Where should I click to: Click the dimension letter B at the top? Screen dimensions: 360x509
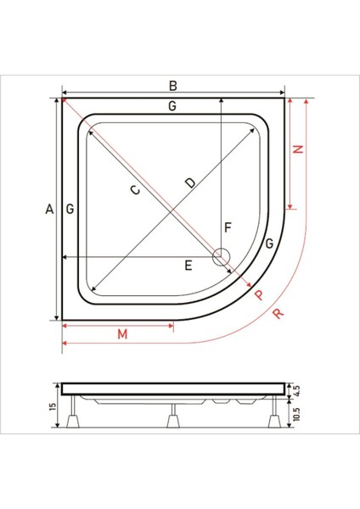(173, 86)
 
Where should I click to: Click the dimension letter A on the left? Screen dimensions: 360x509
(49, 209)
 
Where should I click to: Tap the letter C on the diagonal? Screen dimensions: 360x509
(135, 189)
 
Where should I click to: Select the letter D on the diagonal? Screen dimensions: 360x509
(190, 183)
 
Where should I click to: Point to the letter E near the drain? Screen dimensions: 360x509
(188, 266)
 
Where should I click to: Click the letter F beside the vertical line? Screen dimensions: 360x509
(228, 227)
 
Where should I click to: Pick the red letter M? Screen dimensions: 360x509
(122, 334)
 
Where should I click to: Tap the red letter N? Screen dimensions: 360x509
(298, 149)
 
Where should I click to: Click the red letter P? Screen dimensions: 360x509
(259, 294)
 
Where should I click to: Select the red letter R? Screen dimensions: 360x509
(278, 313)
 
